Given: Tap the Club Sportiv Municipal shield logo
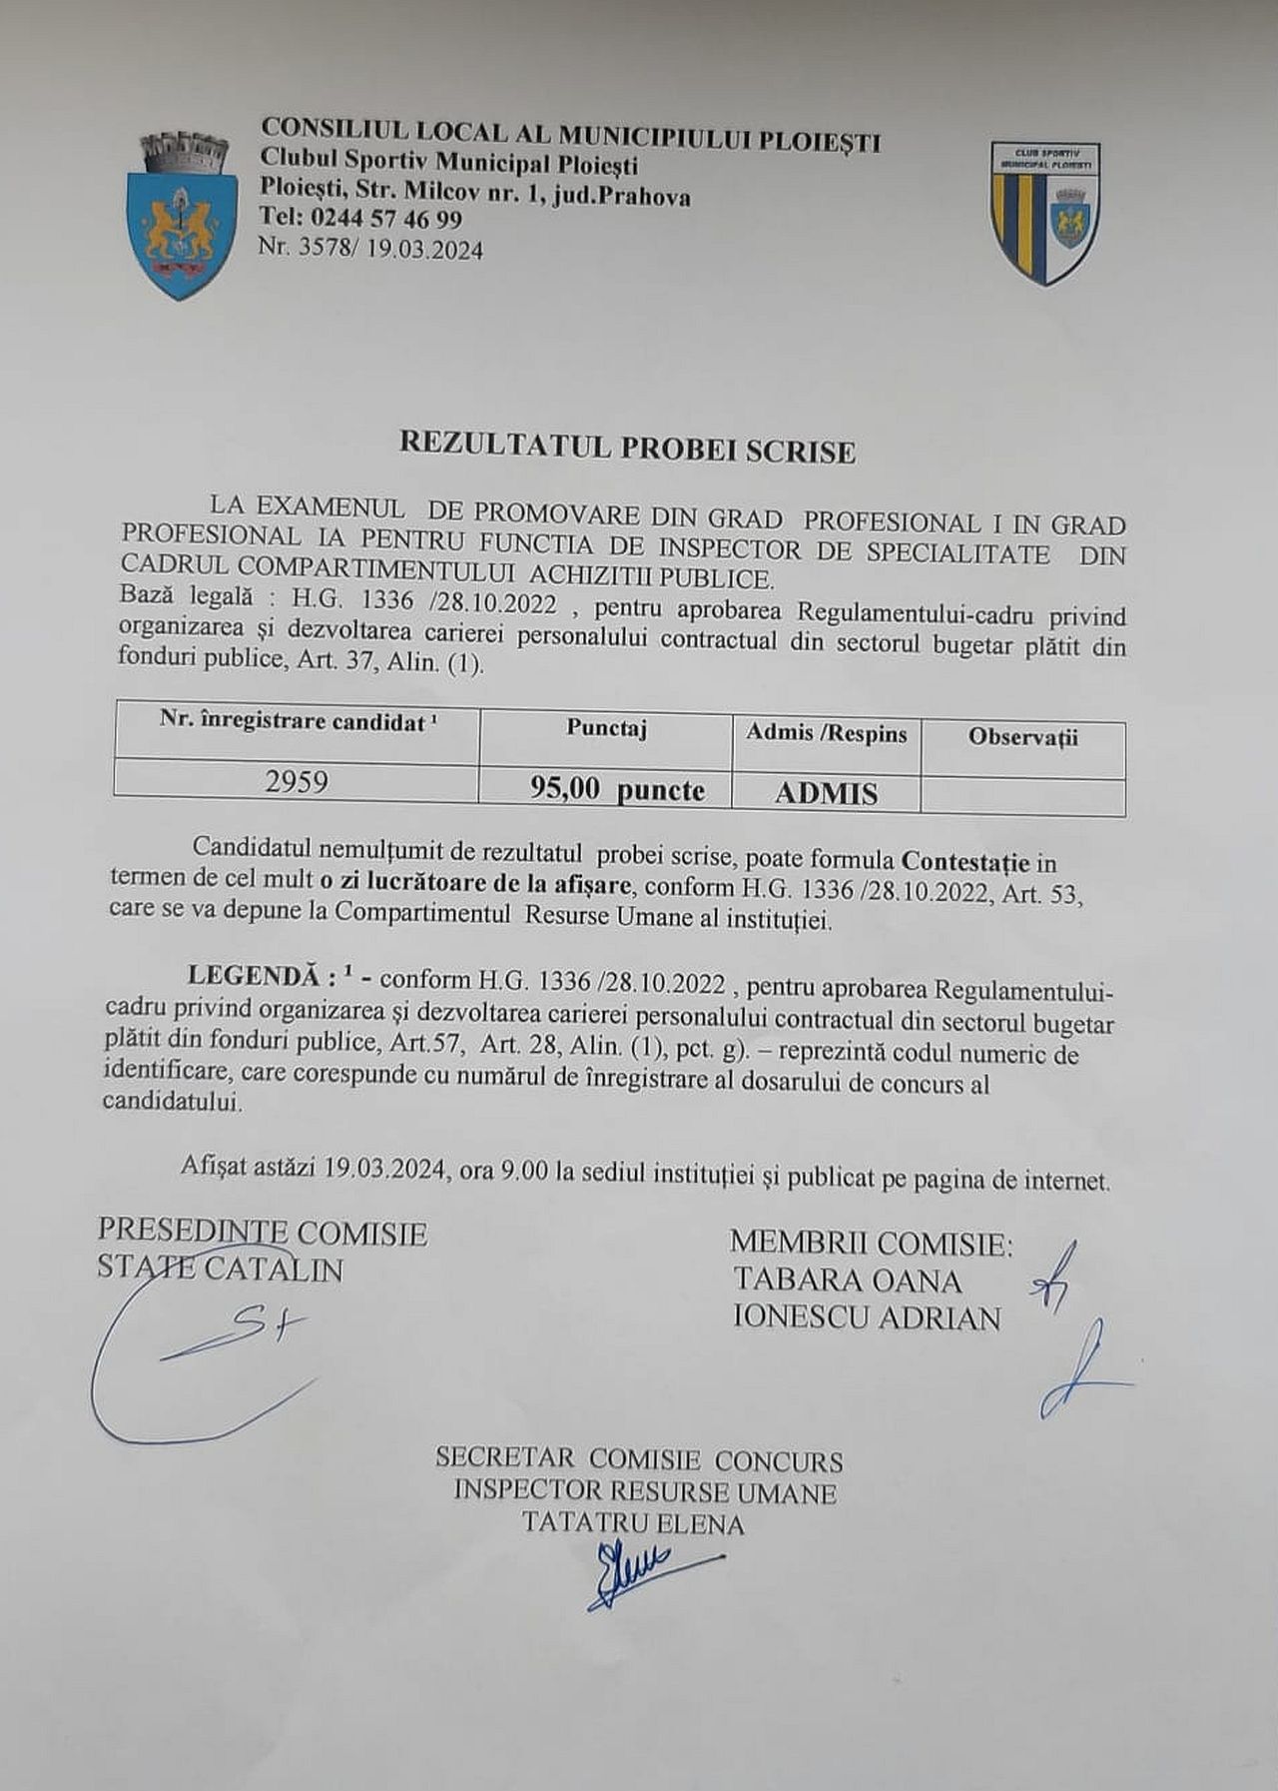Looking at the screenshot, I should (1045, 212).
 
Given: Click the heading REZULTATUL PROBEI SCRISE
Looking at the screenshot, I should (627, 448).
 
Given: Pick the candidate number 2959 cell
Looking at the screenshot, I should (297, 781).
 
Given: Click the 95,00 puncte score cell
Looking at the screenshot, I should (617, 790).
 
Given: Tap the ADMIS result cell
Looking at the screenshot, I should (826, 794).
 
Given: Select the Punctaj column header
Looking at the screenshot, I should (606, 729).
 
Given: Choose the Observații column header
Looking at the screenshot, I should (1022, 738).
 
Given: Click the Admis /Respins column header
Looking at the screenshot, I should (826, 734).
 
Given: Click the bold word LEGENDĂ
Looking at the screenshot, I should (256, 976).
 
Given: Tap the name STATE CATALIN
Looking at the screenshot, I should (220, 1270).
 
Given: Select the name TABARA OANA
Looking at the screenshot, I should (848, 1281).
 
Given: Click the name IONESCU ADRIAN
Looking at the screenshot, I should (866, 1319).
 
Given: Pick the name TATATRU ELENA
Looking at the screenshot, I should (632, 1524).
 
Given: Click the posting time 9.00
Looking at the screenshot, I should (525, 1171).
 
